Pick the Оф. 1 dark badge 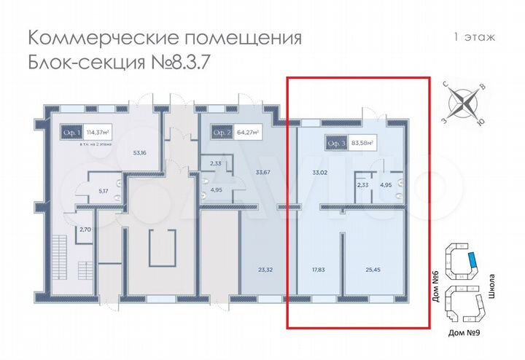click(x=71, y=133)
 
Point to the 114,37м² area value click(x=97, y=133)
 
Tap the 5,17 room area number click(x=104, y=192)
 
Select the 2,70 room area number click(x=85, y=230)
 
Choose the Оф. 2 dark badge click(x=222, y=133)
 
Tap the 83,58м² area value click(x=361, y=143)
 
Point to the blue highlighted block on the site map click(x=473, y=259)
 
